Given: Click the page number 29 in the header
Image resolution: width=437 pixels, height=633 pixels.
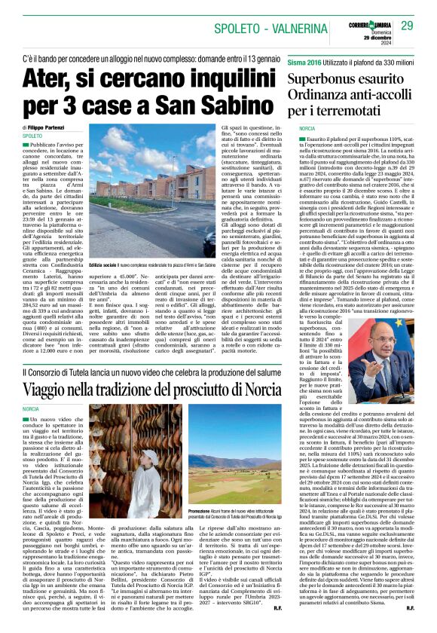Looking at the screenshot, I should click(x=407, y=26).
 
